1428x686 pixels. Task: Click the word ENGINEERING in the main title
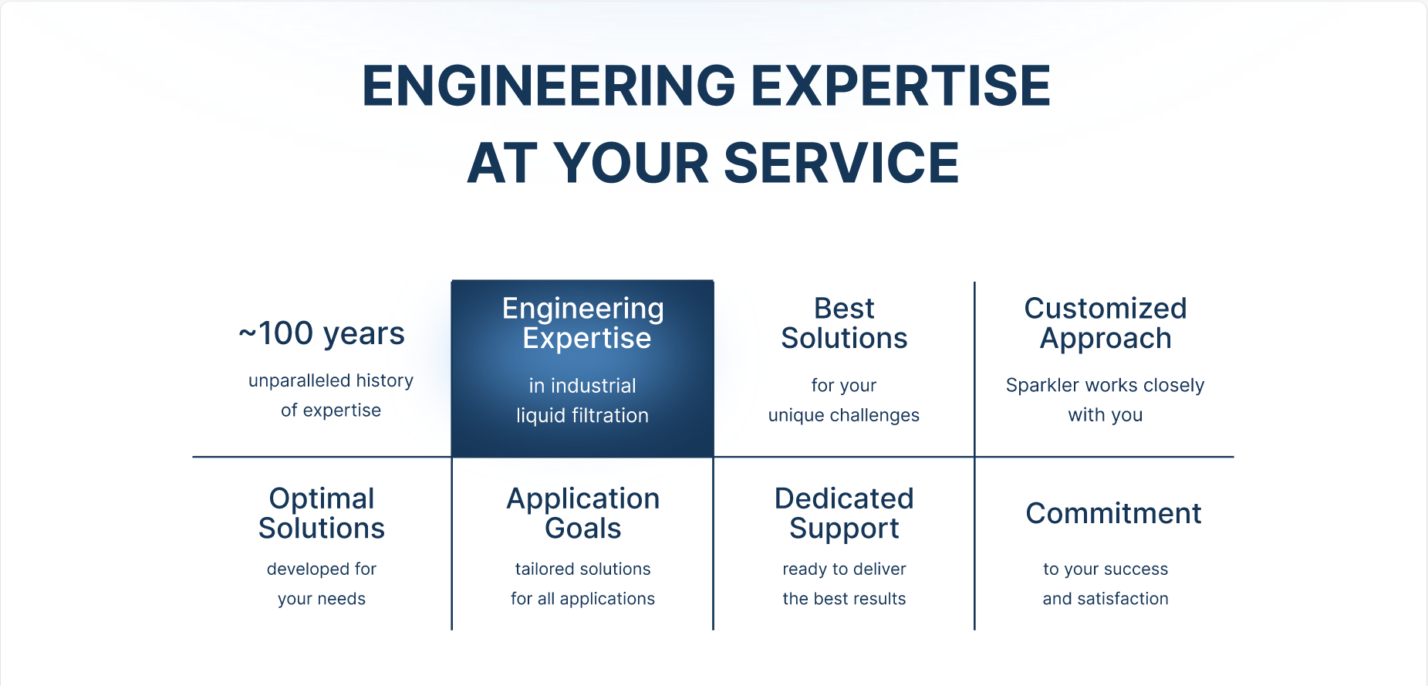(x=549, y=85)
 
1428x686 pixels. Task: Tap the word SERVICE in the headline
(x=842, y=163)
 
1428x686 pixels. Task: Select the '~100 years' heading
(x=322, y=333)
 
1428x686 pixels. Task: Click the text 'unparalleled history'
(x=331, y=380)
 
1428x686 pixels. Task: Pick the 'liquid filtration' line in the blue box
(x=582, y=415)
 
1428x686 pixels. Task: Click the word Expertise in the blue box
(x=587, y=339)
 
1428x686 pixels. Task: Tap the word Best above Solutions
(x=844, y=309)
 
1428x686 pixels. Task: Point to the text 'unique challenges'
(x=844, y=415)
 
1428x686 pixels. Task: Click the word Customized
(x=1106, y=309)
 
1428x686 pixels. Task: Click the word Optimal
(x=322, y=499)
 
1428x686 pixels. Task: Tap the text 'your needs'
(x=322, y=599)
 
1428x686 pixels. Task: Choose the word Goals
(x=583, y=529)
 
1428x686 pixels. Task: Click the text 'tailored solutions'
(x=583, y=569)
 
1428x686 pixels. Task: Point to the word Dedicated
(x=844, y=498)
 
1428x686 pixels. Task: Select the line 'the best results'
(x=844, y=599)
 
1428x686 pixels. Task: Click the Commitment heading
(x=1113, y=513)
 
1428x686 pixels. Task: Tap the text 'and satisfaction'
(x=1106, y=599)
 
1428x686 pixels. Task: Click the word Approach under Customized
(x=1106, y=339)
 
